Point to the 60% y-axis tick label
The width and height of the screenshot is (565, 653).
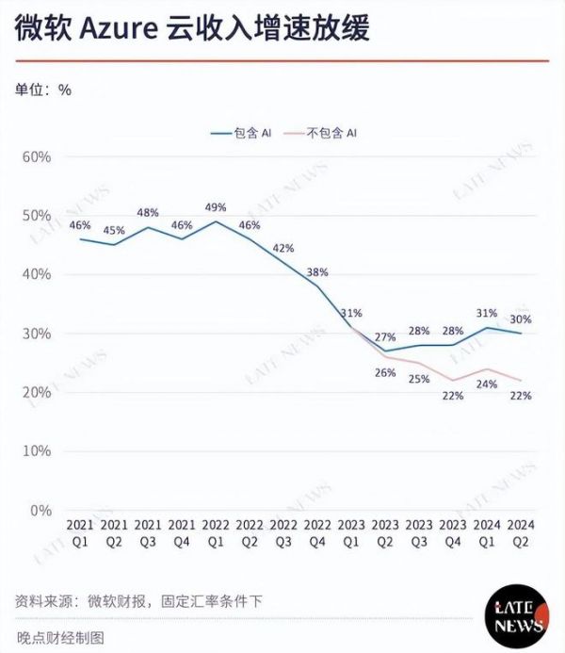click(35, 156)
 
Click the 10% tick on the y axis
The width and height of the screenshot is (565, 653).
click(35, 451)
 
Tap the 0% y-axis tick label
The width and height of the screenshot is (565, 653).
click(39, 511)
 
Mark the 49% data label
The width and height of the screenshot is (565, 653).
click(216, 208)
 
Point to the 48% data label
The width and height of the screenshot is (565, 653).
click(148, 213)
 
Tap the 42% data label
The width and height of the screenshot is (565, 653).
click(283, 248)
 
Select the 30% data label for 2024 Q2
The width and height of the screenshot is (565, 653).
click(521, 319)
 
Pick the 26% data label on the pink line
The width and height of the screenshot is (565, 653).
click(385, 373)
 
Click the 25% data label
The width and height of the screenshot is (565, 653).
click(419, 379)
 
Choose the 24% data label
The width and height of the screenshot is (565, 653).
click(487, 384)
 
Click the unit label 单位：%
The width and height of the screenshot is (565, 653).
click(42, 90)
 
